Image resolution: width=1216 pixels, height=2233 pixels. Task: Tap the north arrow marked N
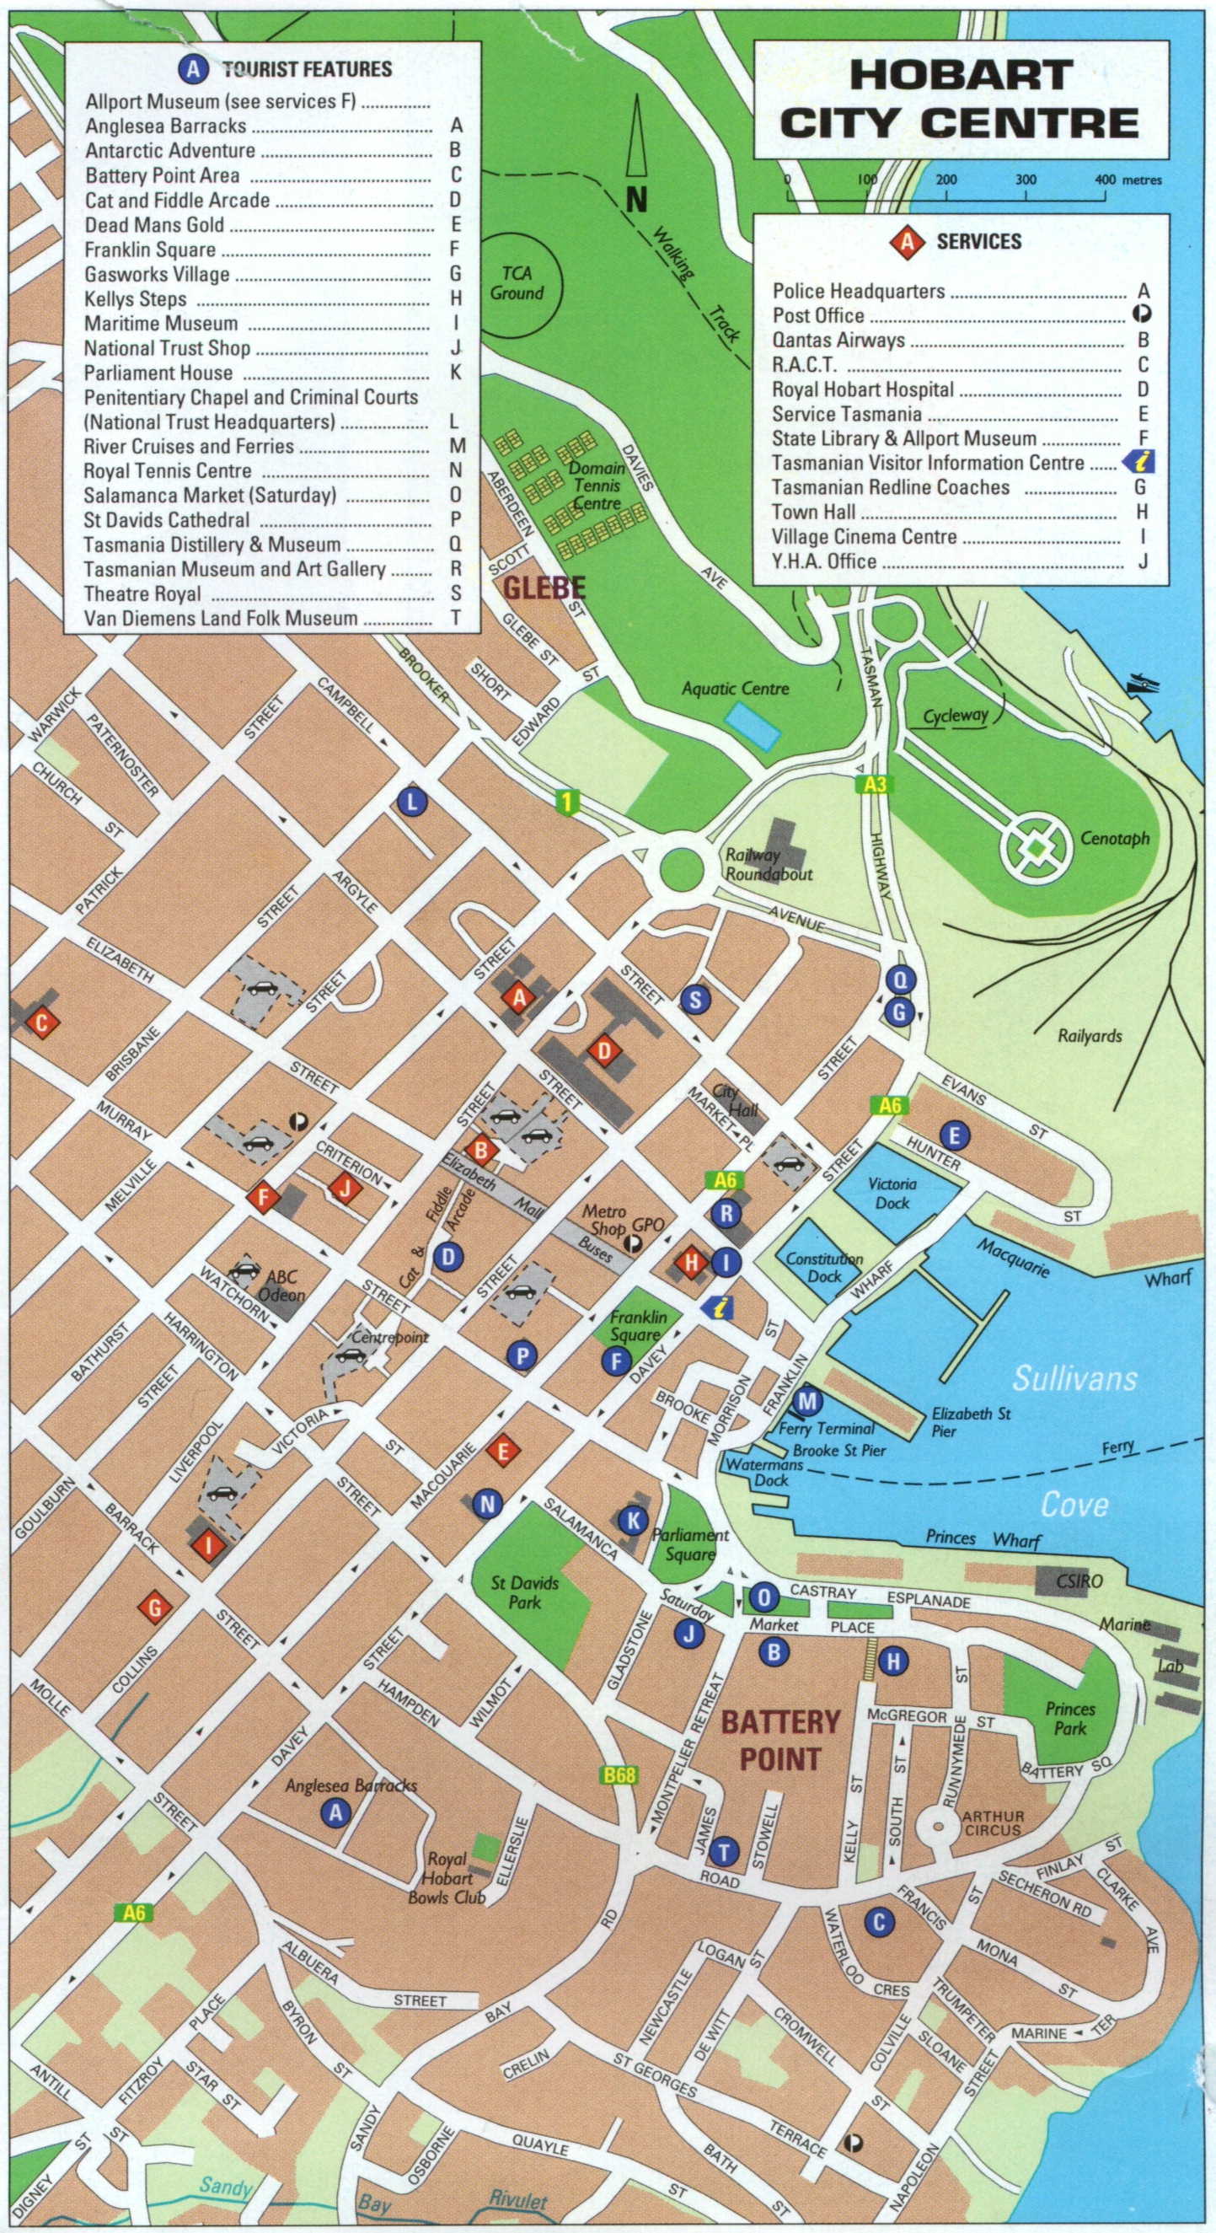637,156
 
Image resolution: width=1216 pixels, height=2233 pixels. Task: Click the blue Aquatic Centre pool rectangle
753,727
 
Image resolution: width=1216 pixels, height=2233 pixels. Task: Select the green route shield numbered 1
567,802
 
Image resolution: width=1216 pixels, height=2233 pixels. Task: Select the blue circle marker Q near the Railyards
901,980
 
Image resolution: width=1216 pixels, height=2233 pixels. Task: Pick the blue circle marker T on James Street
724,1852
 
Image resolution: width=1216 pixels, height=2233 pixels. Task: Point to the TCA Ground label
517,283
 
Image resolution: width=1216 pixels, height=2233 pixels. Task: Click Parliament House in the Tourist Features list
158,373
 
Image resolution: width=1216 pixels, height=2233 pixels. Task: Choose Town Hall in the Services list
814,512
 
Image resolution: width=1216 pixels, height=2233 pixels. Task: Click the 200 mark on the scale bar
946,180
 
